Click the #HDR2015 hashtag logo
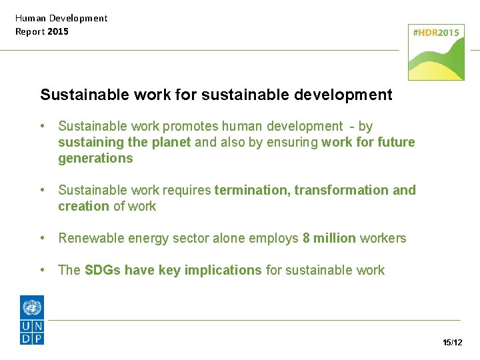pyautogui.click(x=437, y=52)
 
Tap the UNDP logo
pyautogui.click(x=32, y=320)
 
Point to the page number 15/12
pyautogui.click(x=452, y=343)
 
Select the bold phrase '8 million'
pyautogui.click(x=329, y=238)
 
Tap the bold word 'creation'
pyautogui.click(x=83, y=206)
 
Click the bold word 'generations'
pyautogui.click(x=95, y=158)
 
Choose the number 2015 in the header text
pyautogui.click(x=58, y=31)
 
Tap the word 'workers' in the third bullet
pyautogui.click(x=383, y=238)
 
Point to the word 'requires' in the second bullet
pyautogui.click(x=187, y=190)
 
